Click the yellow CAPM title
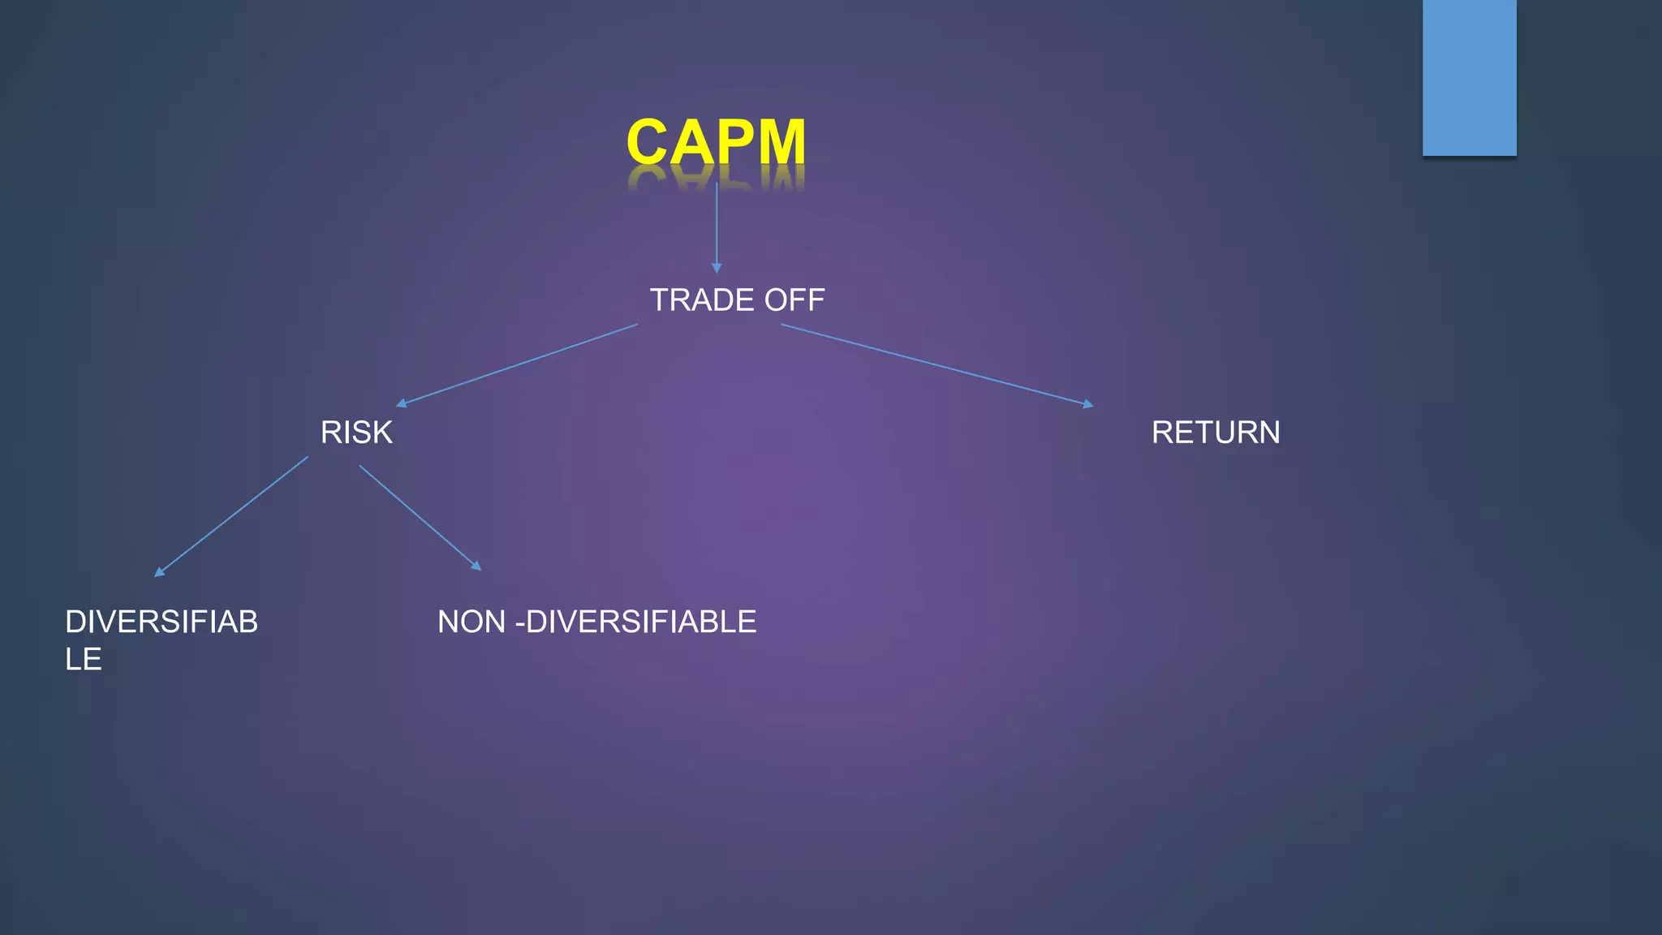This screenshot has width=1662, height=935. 716,142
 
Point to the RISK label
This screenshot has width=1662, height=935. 356,433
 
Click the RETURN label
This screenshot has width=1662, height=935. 1216,433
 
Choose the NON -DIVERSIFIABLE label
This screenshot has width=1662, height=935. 596,622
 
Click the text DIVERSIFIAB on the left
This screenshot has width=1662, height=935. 161,622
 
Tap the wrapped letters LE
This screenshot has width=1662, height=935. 84,659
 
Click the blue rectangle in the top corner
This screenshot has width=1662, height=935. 1469,77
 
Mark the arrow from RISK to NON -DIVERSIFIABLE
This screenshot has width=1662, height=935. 419,516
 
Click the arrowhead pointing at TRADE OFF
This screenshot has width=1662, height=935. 717,268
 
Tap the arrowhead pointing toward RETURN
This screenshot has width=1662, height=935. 1088,403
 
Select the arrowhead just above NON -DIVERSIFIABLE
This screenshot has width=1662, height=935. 476,566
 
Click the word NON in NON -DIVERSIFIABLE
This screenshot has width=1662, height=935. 471,622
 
